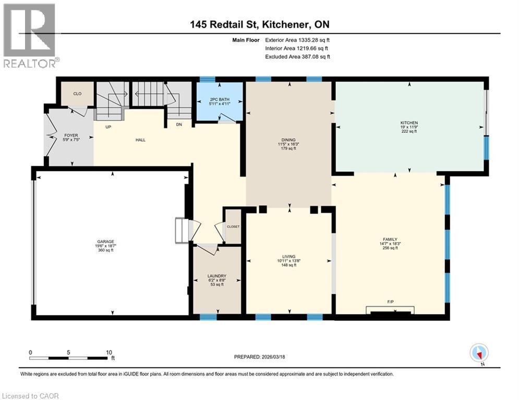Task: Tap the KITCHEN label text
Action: pos(409,123)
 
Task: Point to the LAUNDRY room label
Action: pos(216,276)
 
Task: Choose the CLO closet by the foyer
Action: pos(77,94)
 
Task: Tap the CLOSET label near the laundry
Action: pos(233,227)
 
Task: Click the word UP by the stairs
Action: pos(108,127)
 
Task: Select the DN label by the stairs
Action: pos(179,124)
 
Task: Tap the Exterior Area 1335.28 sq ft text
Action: pos(297,40)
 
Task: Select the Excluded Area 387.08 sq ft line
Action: pos(297,57)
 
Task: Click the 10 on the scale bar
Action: pos(109,352)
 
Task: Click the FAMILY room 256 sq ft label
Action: pos(390,244)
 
